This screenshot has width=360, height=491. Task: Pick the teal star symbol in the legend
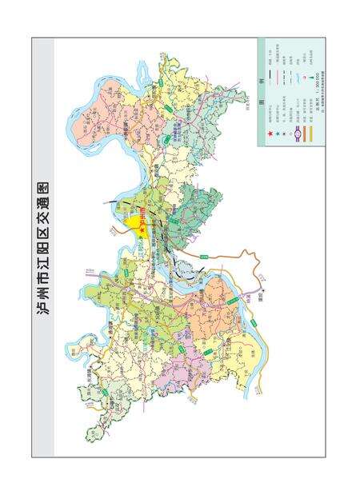tap(278, 134)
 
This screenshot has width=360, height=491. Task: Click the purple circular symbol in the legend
tap(298, 134)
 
